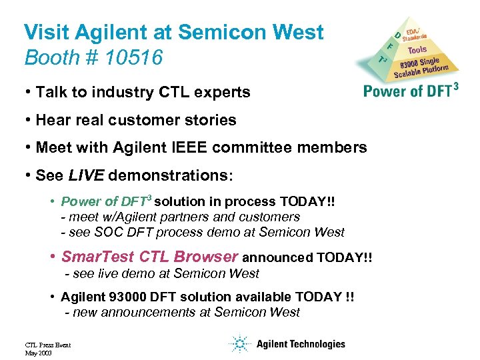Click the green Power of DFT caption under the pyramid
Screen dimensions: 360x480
pyautogui.click(x=410, y=90)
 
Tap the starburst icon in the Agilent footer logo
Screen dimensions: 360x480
pyautogui.click(x=239, y=344)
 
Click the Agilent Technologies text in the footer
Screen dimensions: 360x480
pyautogui.click(x=301, y=344)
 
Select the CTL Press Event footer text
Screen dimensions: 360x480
pyautogui.click(x=47, y=345)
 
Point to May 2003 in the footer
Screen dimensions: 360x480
pyautogui.click(x=37, y=352)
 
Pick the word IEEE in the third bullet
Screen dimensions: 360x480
pyautogui.click(x=191, y=148)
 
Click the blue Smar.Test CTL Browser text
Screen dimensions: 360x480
pyautogui.click(x=149, y=257)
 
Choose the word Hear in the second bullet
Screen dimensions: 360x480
pyautogui.click(x=52, y=120)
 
